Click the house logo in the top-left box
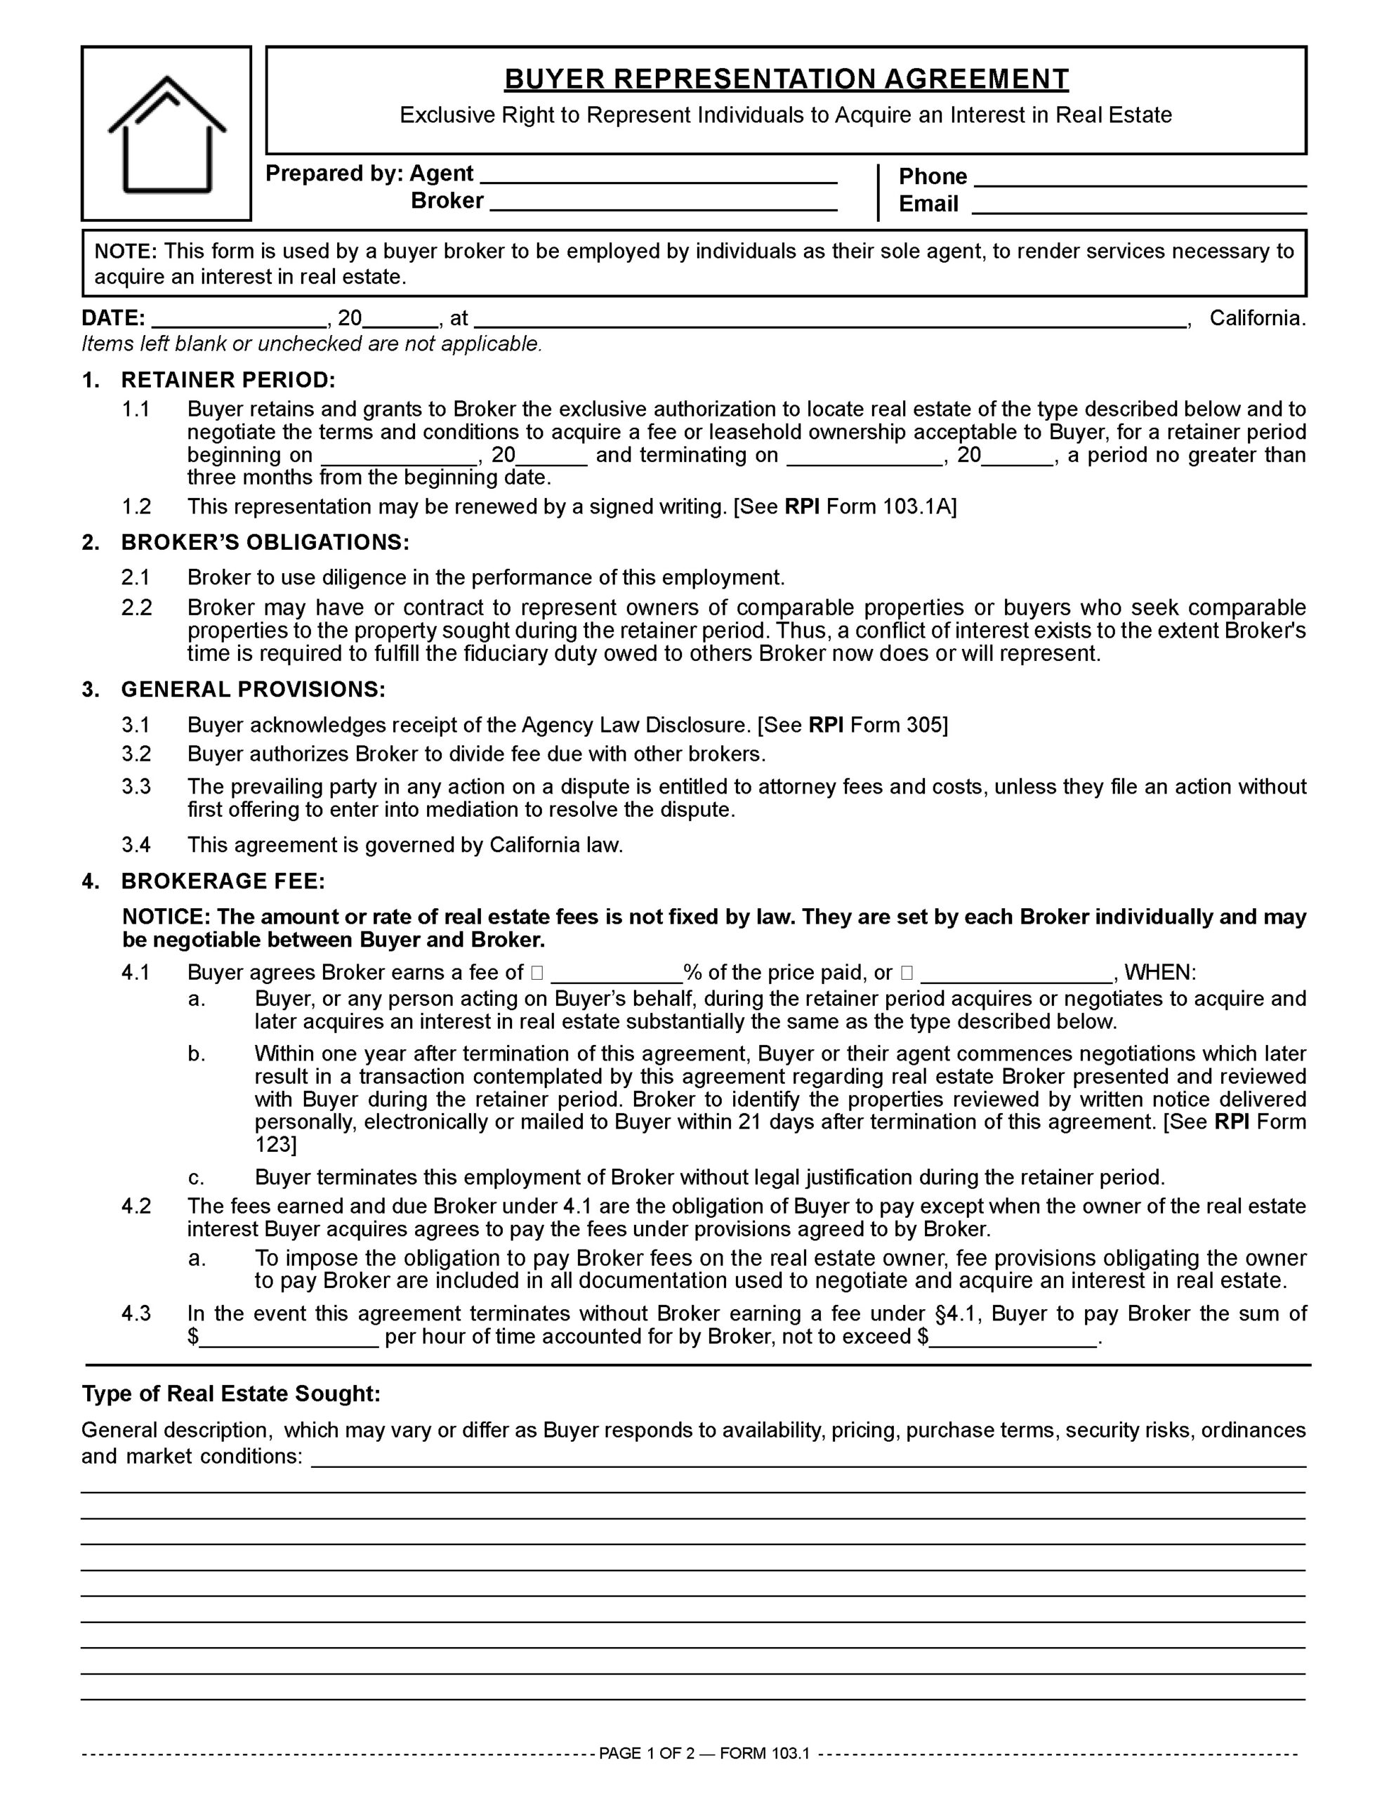tap(166, 133)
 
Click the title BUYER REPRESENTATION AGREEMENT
tap(786, 79)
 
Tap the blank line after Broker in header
tap(663, 204)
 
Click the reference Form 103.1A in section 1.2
tap(892, 506)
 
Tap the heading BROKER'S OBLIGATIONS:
tap(264, 542)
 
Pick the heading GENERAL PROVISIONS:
tap(253, 689)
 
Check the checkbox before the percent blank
tap(536, 972)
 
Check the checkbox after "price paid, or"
tap(907, 972)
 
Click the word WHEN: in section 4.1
tap(1160, 972)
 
